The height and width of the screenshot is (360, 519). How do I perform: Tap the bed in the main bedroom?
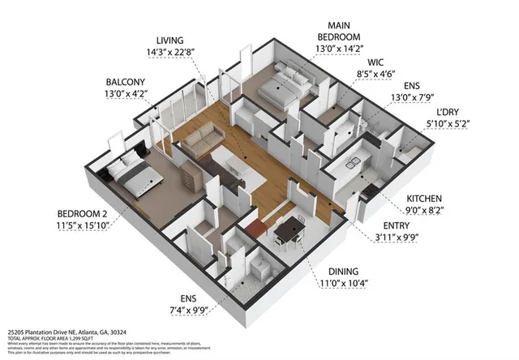[x=281, y=85]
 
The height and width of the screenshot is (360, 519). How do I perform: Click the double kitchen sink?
[x=354, y=165]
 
